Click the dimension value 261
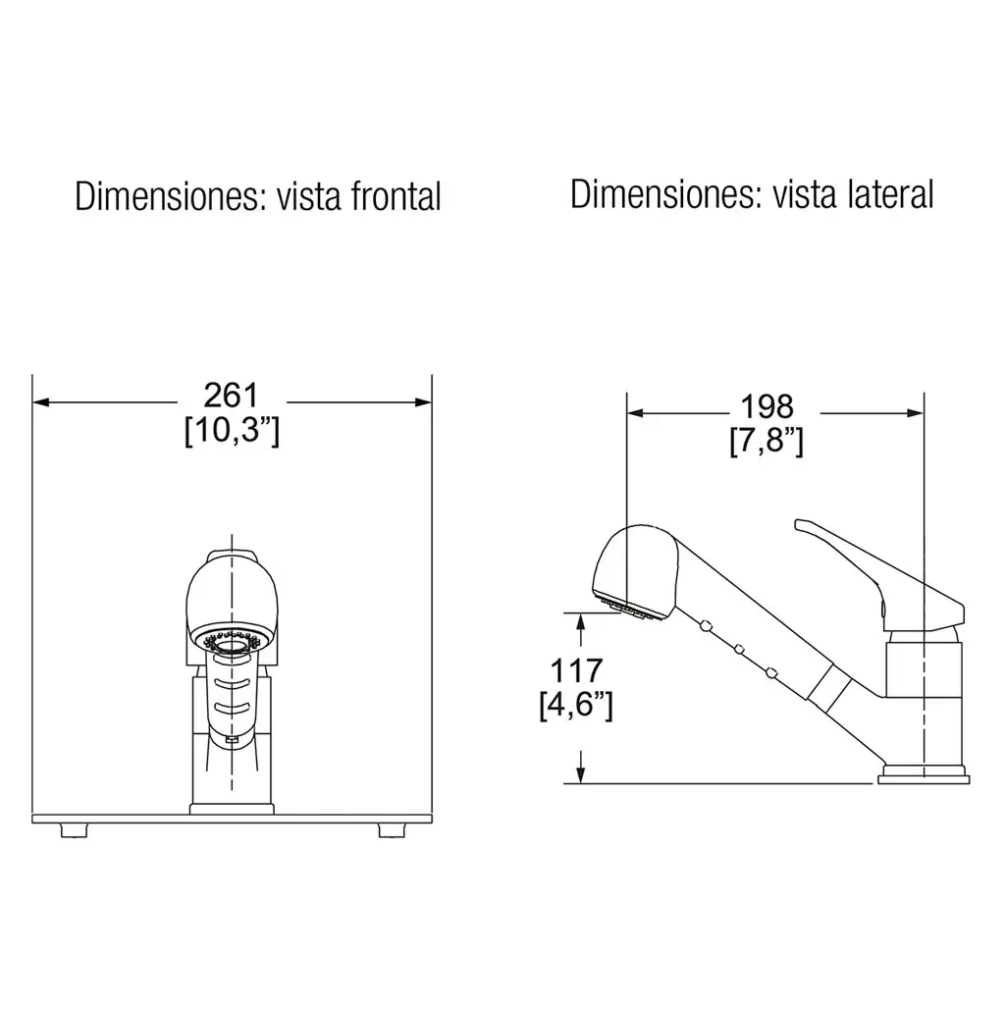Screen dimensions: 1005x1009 (231, 396)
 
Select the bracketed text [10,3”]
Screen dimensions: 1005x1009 (232, 430)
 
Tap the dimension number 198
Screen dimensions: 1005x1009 (767, 406)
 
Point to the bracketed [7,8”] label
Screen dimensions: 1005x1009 (767, 441)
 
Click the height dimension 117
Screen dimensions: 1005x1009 (576, 670)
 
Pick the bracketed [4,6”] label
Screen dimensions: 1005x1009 (576, 705)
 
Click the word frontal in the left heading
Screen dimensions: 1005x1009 (397, 196)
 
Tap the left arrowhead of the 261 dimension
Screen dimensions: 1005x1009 (41, 402)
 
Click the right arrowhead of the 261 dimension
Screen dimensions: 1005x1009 (423, 402)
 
